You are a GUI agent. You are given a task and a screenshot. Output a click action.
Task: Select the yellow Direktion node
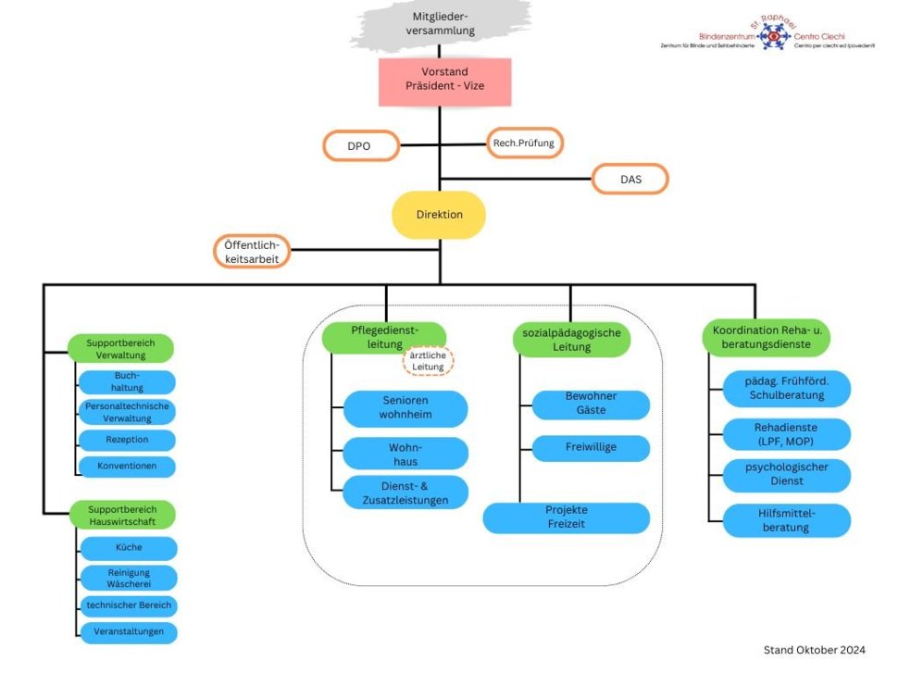439,215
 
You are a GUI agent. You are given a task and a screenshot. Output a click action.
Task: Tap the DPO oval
360,146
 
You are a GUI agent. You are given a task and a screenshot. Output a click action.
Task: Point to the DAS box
630,179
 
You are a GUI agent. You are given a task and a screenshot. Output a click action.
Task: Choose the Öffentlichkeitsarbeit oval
252,252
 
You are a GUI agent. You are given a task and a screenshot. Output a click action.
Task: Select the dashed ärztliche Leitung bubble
429,360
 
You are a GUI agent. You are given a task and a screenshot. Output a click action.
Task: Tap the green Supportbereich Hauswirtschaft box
122,516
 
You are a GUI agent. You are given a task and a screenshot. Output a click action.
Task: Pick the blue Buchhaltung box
126,382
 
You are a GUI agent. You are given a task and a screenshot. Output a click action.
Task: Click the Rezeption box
126,440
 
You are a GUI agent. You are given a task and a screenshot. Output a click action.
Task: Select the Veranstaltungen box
128,632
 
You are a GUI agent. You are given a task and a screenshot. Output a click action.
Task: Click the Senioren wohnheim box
405,408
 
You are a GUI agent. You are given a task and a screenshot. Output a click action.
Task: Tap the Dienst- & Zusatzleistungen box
405,492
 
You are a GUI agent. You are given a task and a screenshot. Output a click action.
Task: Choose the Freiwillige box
591,448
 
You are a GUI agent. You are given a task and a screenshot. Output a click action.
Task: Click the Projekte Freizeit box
567,517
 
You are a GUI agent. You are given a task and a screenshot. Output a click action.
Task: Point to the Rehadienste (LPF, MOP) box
786,434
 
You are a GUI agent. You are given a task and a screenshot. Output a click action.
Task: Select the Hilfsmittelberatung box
786,520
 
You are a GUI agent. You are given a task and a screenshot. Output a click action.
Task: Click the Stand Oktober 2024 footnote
813,651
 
